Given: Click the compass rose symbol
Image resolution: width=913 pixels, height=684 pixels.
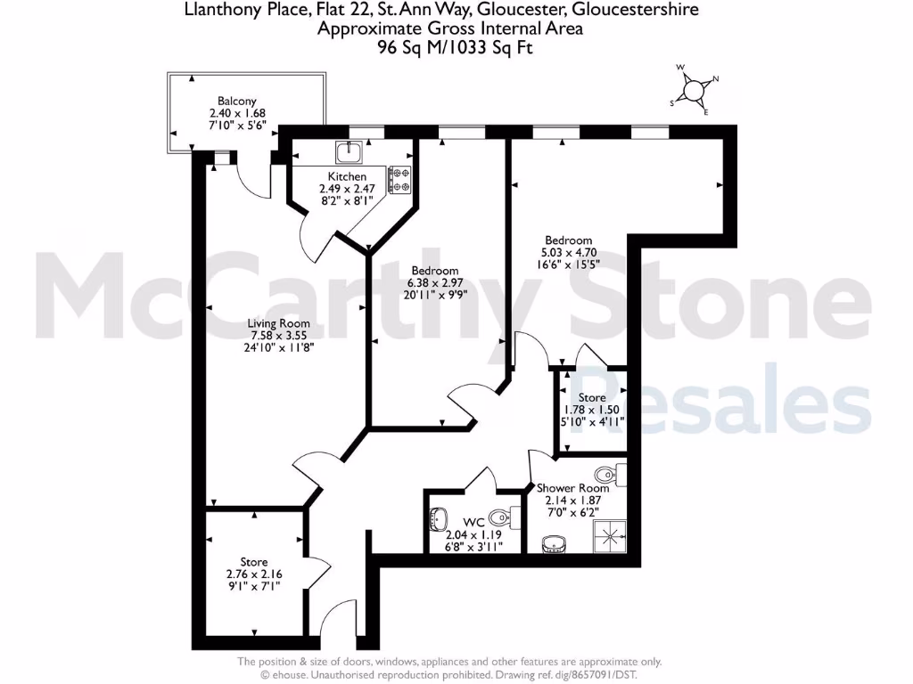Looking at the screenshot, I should [x=694, y=89].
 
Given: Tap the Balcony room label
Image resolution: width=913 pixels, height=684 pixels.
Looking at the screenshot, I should [x=237, y=102].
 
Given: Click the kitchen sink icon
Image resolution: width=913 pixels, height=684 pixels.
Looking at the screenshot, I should [x=349, y=152].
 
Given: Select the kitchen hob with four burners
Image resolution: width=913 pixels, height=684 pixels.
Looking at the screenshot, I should [x=399, y=181].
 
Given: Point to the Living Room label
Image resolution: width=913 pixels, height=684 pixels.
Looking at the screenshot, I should [x=280, y=323].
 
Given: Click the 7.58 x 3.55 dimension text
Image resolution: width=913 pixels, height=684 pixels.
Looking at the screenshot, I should [x=280, y=336].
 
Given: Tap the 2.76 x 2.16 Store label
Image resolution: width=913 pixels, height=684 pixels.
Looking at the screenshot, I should [x=254, y=562].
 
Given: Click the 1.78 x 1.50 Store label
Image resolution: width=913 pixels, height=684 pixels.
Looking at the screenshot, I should [x=592, y=397].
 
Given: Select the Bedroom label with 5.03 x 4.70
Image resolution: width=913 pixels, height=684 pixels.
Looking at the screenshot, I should [x=568, y=240].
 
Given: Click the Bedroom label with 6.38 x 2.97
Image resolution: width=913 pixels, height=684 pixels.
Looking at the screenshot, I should [x=434, y=271].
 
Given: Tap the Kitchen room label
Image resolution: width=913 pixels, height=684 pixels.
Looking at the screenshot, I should [x=347, y=177].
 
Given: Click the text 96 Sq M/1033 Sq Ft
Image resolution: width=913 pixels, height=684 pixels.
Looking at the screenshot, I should [x=455, y=48].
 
